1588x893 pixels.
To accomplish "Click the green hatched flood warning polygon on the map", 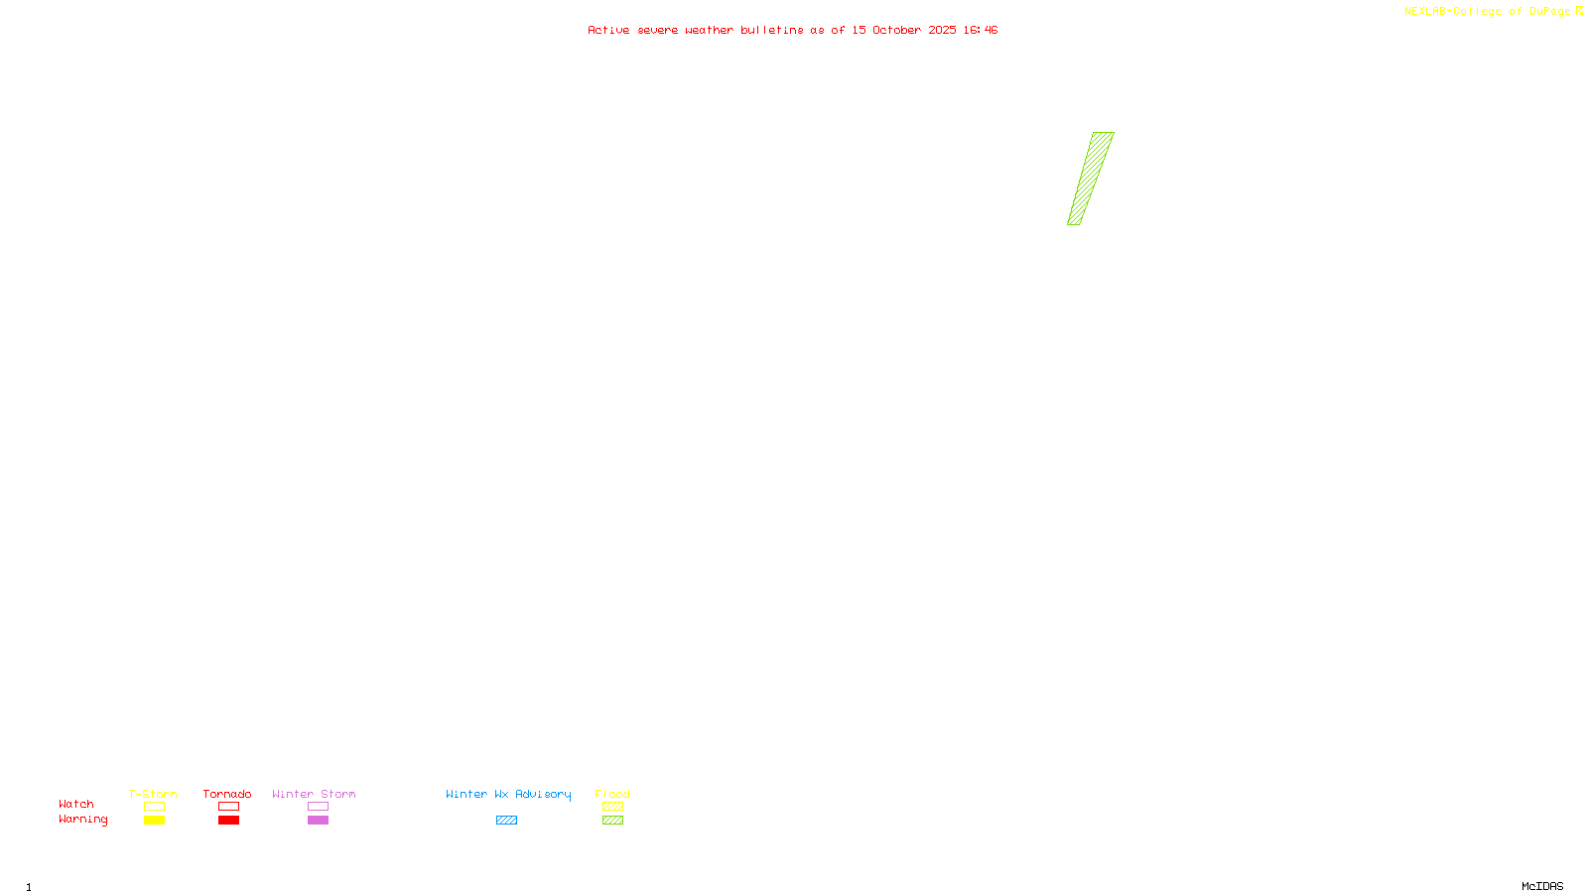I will click(1091, 179).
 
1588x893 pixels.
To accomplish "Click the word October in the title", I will click(896, 30).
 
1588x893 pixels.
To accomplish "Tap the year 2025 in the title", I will click(942, 30).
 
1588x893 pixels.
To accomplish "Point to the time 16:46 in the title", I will click(981, 30).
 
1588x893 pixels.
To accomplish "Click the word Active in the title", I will click(607, 30).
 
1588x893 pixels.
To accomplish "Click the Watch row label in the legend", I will click(76, 804).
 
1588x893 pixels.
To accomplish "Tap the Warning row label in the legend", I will click(82, 820).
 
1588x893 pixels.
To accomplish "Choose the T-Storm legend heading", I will click(153, 794).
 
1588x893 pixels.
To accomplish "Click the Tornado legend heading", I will click(227, 794).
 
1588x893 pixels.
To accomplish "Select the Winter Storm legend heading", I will click(314, 794).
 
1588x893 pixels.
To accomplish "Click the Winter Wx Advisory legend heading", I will click(508, 794).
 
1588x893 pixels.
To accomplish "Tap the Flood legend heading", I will click(612, 794).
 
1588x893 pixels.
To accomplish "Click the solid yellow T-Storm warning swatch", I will click(154, 821).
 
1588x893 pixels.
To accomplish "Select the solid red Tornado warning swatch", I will click(228, 821).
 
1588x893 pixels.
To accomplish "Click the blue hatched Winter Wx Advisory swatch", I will click(506, 821).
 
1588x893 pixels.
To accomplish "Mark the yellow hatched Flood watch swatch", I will click(612, 807).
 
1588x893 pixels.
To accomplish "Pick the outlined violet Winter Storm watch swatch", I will click(318, 807).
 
